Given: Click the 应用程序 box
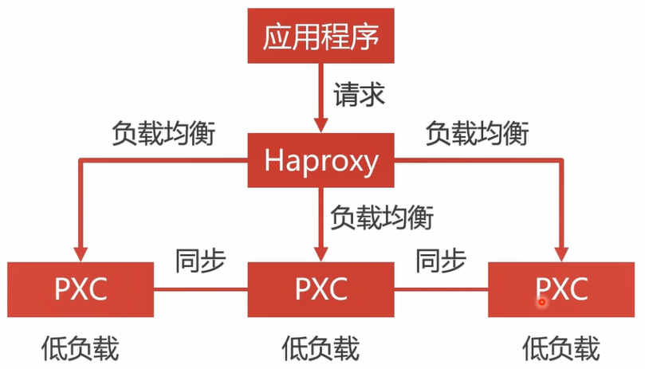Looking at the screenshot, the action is point(321,37).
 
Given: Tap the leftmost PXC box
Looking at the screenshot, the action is point(81,287).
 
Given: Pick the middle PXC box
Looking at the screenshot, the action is point(321,287).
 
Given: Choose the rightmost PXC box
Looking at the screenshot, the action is point(562,287).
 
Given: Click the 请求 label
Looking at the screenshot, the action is point(358,95).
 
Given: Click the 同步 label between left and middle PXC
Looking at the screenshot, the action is point(200,259).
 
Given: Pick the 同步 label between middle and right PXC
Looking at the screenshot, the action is point(440,259).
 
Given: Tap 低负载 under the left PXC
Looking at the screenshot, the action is point(80,347).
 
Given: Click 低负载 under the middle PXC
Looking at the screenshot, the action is point(321,347).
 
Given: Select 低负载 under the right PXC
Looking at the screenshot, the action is point(561,347).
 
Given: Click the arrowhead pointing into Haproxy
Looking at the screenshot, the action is point(321,125).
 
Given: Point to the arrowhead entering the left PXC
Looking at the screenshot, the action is point(80,253).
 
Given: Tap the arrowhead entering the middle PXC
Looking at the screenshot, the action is point(321,253).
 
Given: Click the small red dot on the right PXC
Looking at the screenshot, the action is point(541,301).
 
